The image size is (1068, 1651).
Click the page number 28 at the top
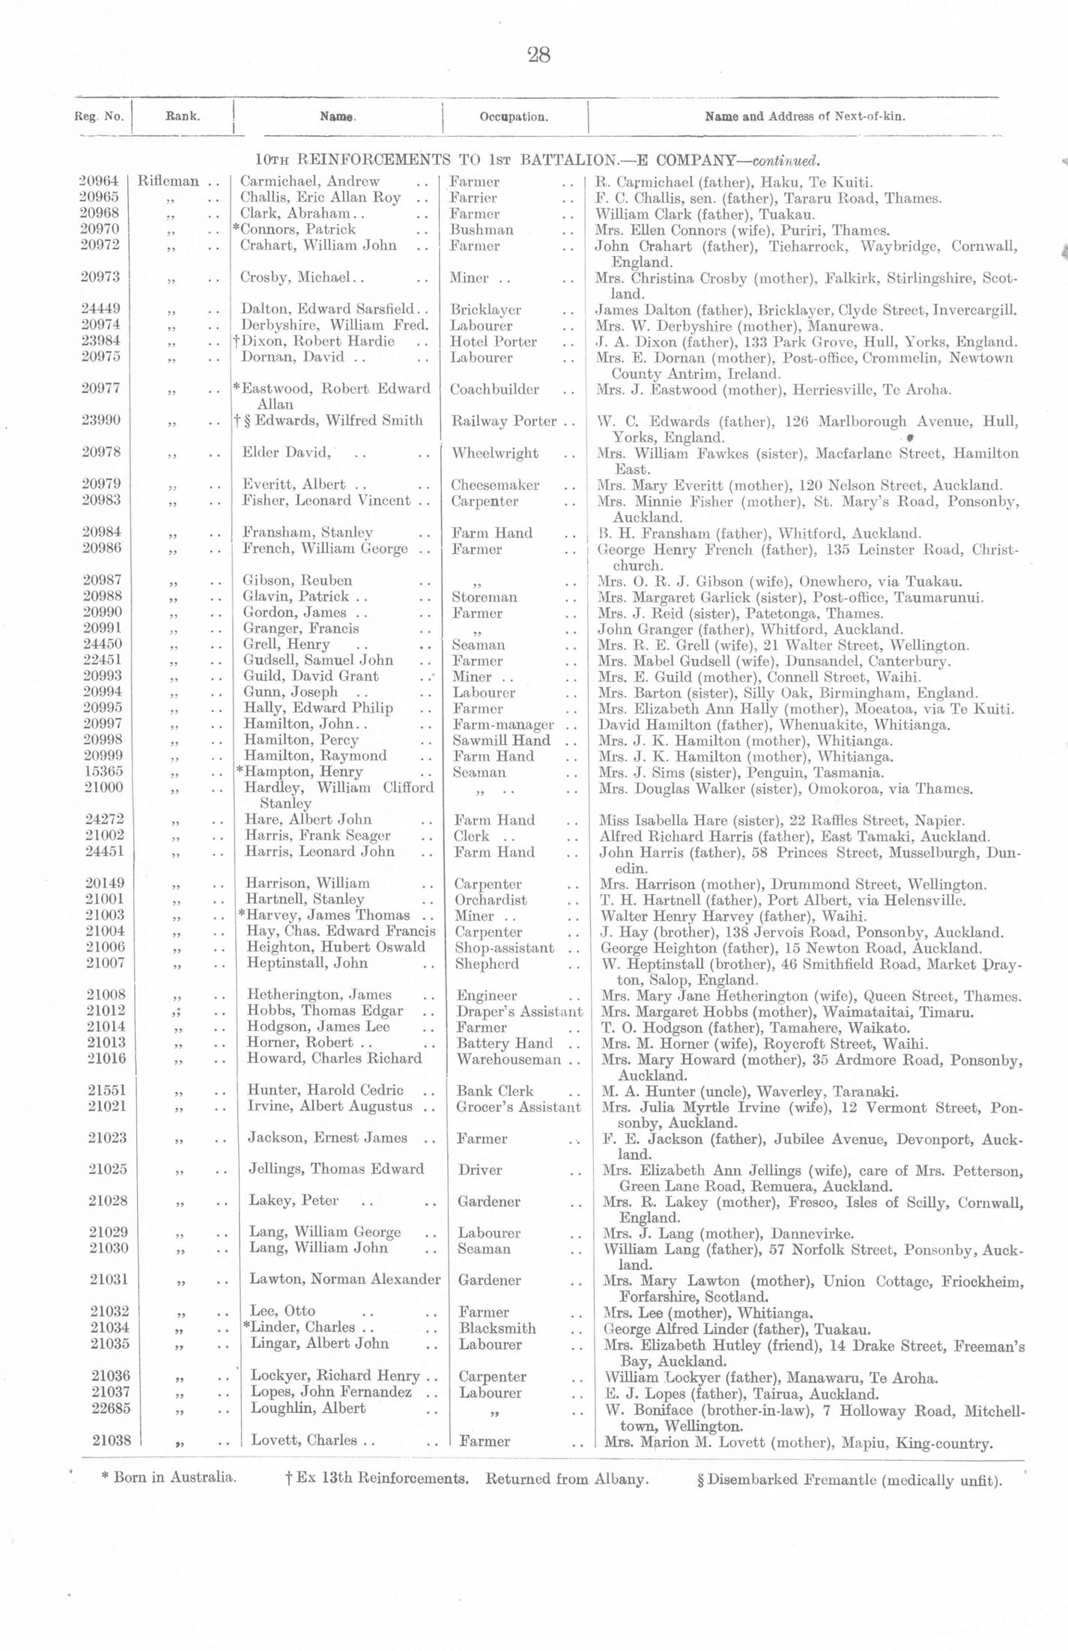tap(538, 55)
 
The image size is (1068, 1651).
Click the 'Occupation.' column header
tap(513, 117)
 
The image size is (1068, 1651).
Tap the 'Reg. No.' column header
tap(99, 117)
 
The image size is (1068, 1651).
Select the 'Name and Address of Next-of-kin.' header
tap(804, 117)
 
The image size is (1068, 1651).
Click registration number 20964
tap(99, 181)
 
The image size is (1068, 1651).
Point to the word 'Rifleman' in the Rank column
tap(169, 181)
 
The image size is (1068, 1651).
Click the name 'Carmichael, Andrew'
tap(309, 181)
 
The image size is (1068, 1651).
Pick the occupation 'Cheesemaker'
tap(494, 485)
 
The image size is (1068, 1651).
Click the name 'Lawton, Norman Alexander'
tap(345, 1280)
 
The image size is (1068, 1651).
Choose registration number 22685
tap(109, 1408)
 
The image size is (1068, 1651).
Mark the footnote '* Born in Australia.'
tap(169, 1478)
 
